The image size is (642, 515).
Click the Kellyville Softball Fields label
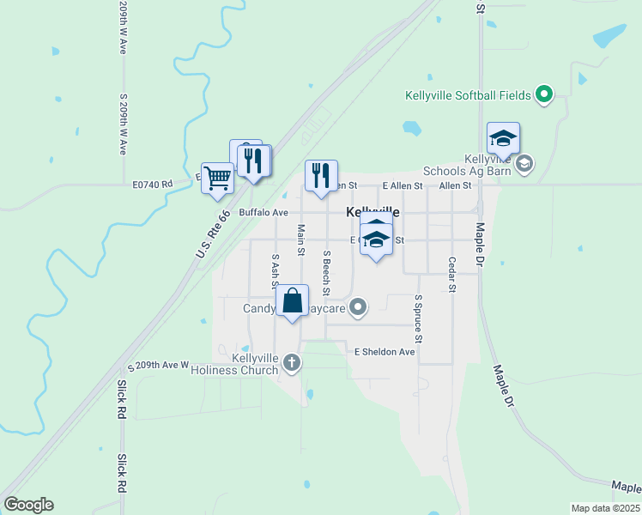point(468,94)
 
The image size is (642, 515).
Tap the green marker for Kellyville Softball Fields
point(544,94)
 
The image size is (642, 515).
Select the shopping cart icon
point(218,179)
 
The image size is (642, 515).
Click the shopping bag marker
point(292,301)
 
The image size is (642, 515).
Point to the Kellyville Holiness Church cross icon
point(292,363)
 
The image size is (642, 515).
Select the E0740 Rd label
point(153,184)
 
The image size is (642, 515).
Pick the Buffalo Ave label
point(263,212)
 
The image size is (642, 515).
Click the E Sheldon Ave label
point(385,352)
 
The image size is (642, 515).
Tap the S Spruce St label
point(418,315)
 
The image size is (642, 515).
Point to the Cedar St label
point(451,274)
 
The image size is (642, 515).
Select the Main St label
point(301,239)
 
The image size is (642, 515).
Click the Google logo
point(28,505)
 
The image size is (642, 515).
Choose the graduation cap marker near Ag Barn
point(503,138)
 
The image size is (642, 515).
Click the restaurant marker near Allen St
point(321,176)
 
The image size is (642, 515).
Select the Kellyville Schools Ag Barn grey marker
point(524,162)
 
